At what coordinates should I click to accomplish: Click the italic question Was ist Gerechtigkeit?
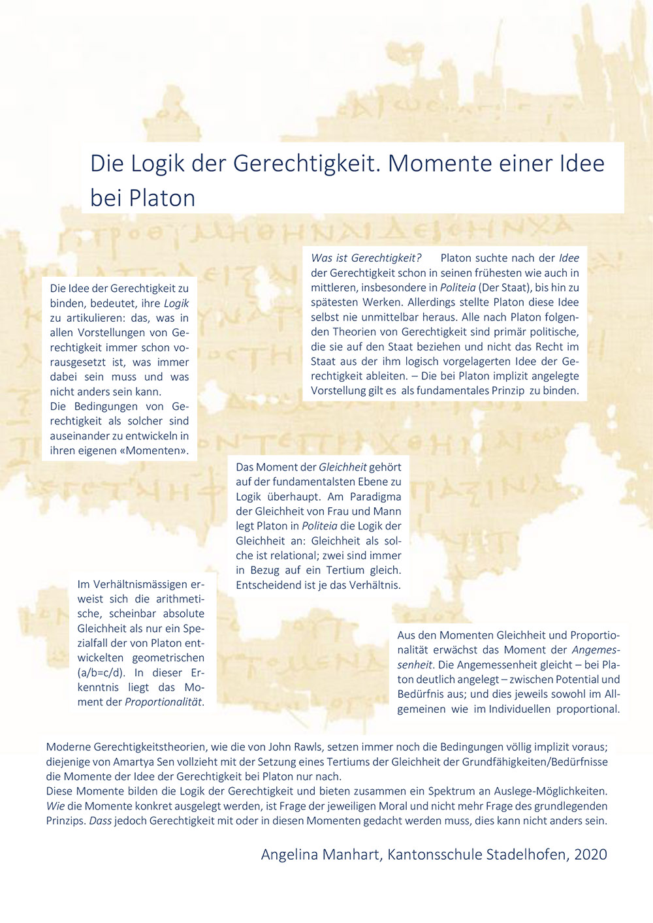pyautogui.click(x=366, y=258)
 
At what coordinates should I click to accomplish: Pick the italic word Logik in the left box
pyautogui.click(x=176, y=304)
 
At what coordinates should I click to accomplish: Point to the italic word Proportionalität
pyautogui.click(x=164, y=702)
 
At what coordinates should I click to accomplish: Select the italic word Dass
pyautogui.click(x=100, y=821)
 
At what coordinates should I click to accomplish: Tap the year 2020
pyautogui.click(x=590, y=854)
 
